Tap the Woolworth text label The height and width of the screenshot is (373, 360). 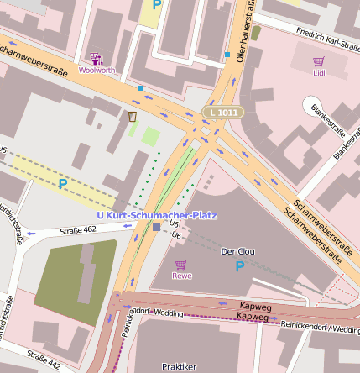click(97, 71)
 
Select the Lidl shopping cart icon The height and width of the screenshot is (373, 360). click(318, 61)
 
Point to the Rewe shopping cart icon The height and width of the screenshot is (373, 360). click(180, 265)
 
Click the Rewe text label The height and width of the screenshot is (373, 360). click(181, 276)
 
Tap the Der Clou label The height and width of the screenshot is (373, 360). click(236, 252)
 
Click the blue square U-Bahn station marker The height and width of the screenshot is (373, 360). click(157, 228)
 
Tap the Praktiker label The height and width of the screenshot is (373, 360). click(179, 366)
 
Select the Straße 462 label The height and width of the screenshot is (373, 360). click(79, 229)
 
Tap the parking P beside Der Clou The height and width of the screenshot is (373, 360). click(240, 267)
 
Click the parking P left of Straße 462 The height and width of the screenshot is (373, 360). click(62, 182)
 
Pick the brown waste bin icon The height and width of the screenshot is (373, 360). click(132, 115)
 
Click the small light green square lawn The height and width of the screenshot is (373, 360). click(150, 135)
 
